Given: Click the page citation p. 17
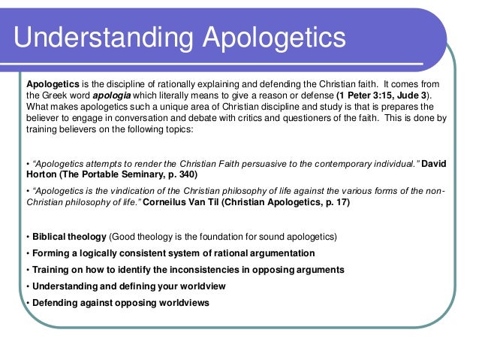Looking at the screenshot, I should tap(330, 204).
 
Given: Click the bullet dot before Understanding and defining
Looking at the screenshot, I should tap(28, 286).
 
